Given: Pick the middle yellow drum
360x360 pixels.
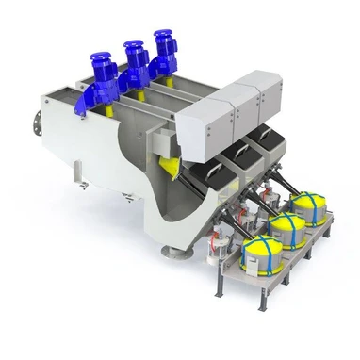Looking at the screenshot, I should click(286, 228).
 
